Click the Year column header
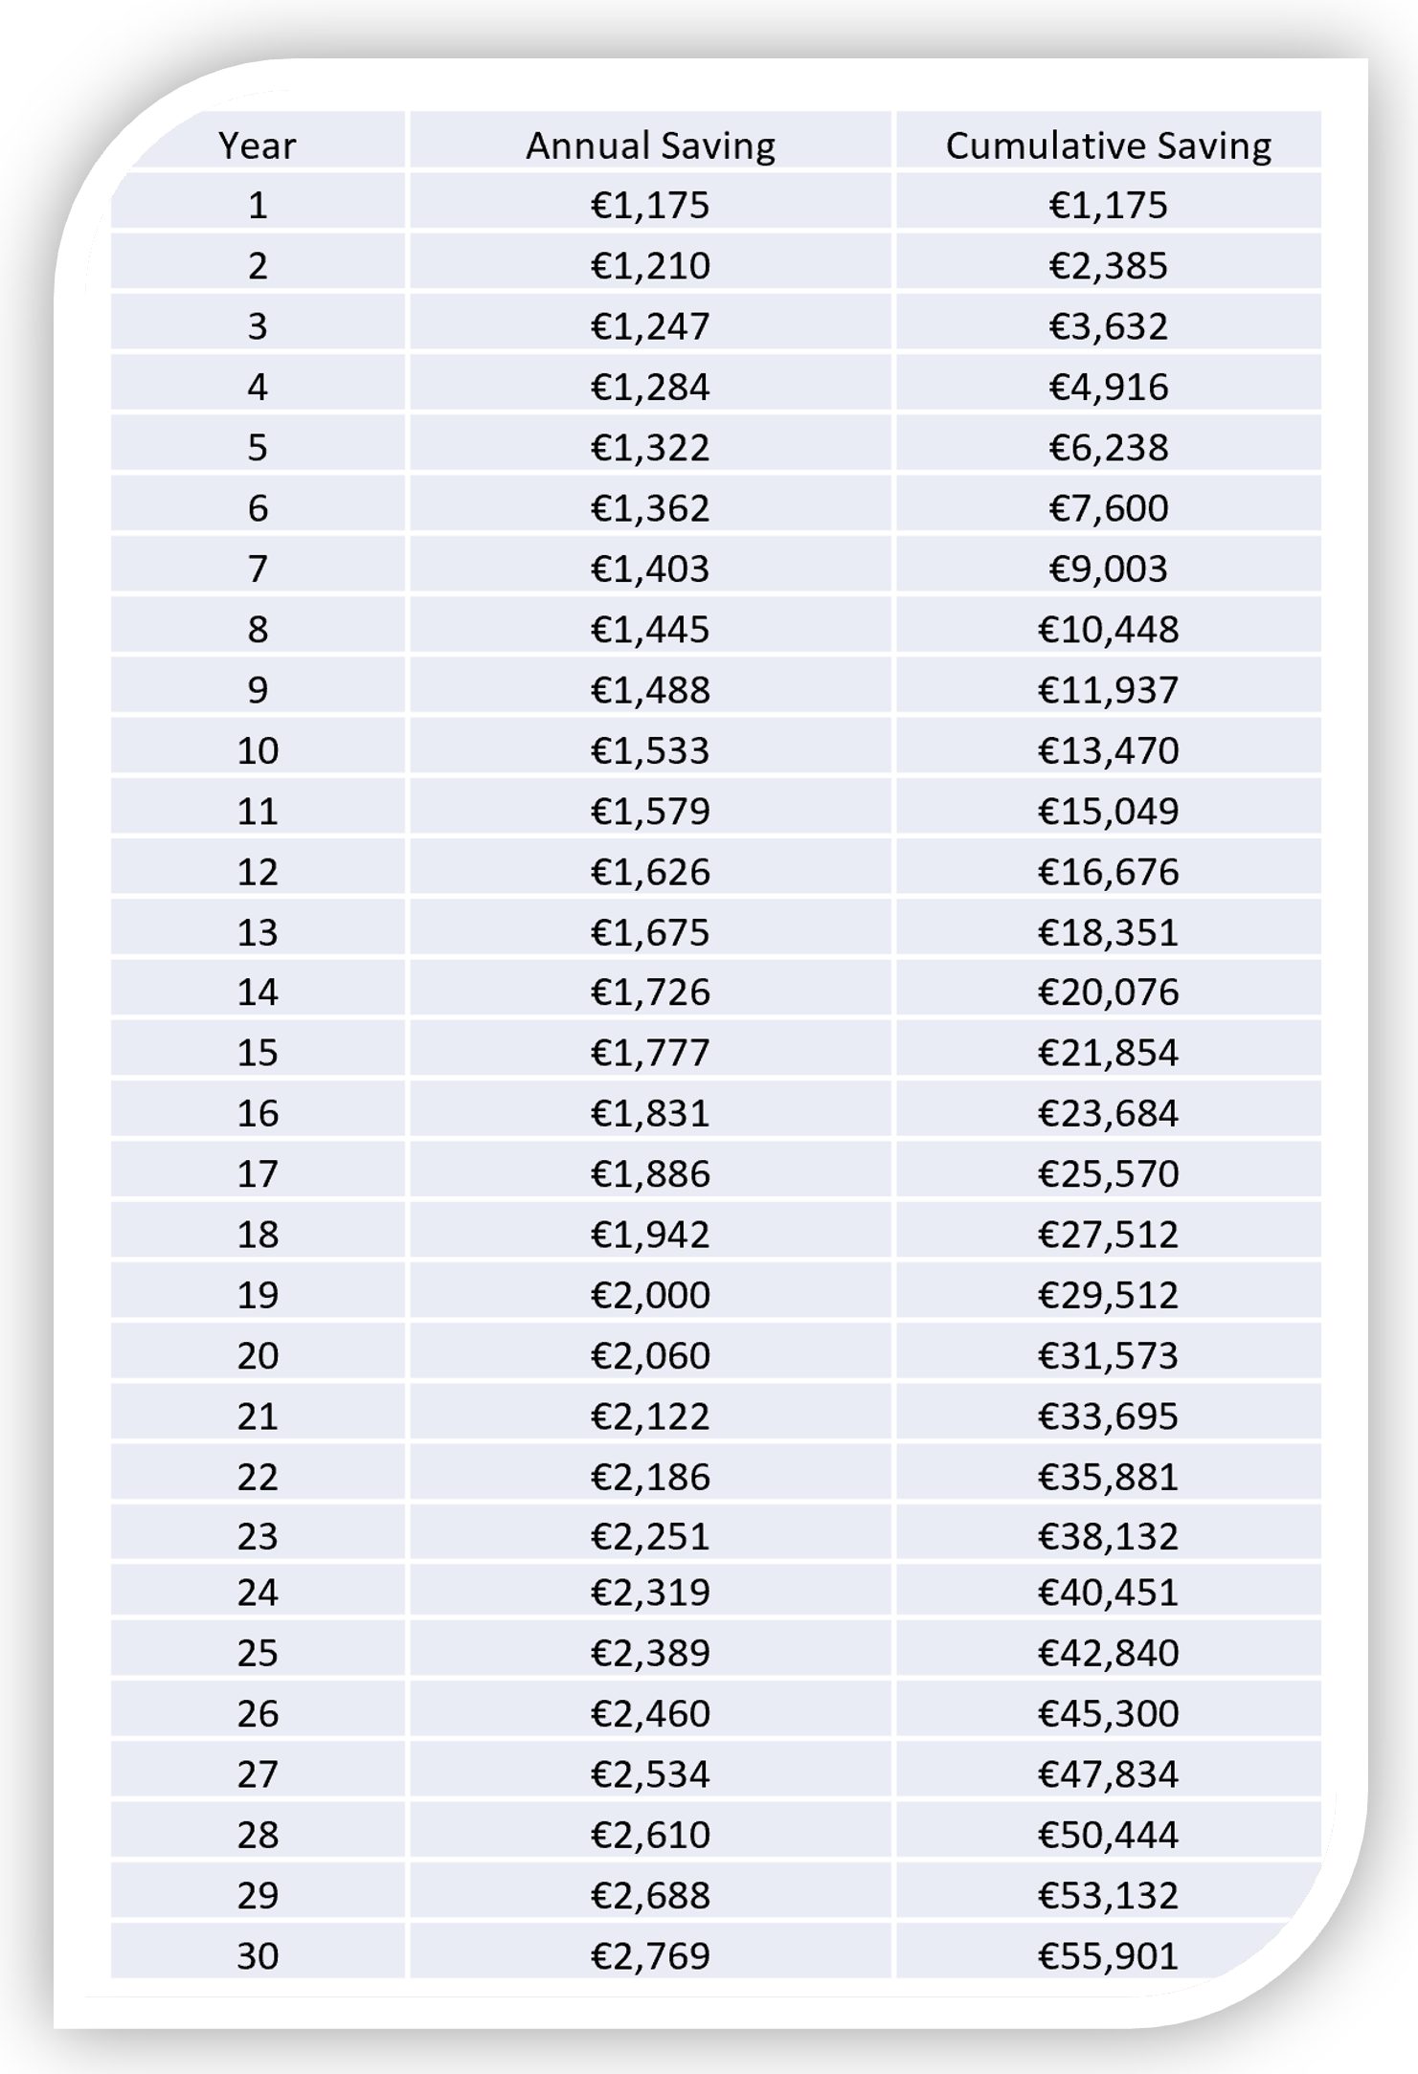click(x=257, y=145)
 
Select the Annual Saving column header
click(x=650, y=145)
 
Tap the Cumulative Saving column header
click(x=1108, y=145)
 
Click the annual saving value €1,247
click(x=650, y=326)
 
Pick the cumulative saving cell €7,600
click(x=1108, y=507)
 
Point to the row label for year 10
click(x=257, y=749)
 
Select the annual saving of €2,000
click(x=650, y=1294)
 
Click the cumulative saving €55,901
click(x=1108, y=1955)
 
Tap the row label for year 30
click(x=257, y=1955)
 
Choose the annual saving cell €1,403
click(x=650, y=569)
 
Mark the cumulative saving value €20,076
click(x=1108, y=992)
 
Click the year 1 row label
click(x=257, y=205)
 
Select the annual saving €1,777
click(x=650, y=1052)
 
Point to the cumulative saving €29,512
click(x=1108, y=1294)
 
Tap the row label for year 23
click(x=257, y=1536)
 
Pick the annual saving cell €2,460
click(x=650, y=1713)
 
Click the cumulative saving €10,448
click(x=1108, y=629)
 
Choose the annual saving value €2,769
click(x=650, y=1955)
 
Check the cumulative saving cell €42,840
click(x=1108, y=1653)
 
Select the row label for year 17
click(x=257, y=1173)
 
